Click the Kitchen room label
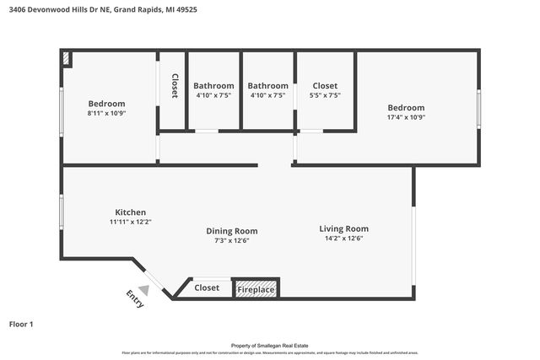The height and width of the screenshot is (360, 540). tap(131, 212)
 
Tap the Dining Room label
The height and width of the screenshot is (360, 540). tap(232, 231)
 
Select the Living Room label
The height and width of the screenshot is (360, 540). tap(343, 228)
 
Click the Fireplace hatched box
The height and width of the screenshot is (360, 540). tap(256, 289)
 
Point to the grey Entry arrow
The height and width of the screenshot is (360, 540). tap(144, 290)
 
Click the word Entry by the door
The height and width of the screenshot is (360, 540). tap(135, 299)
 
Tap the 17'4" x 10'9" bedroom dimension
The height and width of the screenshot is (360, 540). tap(406, 118)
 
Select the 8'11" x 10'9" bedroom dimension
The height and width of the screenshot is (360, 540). tap(106, 113)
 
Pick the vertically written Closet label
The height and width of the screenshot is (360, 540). tap(175, 86)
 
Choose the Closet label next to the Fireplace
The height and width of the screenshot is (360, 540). tap(207, 288)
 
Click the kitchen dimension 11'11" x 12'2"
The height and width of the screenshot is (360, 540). tap(131, 222)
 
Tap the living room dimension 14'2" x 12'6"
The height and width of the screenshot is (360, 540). tap(343, 238)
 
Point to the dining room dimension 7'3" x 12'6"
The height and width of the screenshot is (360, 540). tap(232, 240)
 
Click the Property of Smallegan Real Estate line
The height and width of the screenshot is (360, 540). tap(269, 345)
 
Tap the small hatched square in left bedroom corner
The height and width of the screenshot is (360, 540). tap(67, 58)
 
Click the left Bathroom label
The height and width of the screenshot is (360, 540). tap(213, 86)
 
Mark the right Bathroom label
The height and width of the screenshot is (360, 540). tap(267, 86)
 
